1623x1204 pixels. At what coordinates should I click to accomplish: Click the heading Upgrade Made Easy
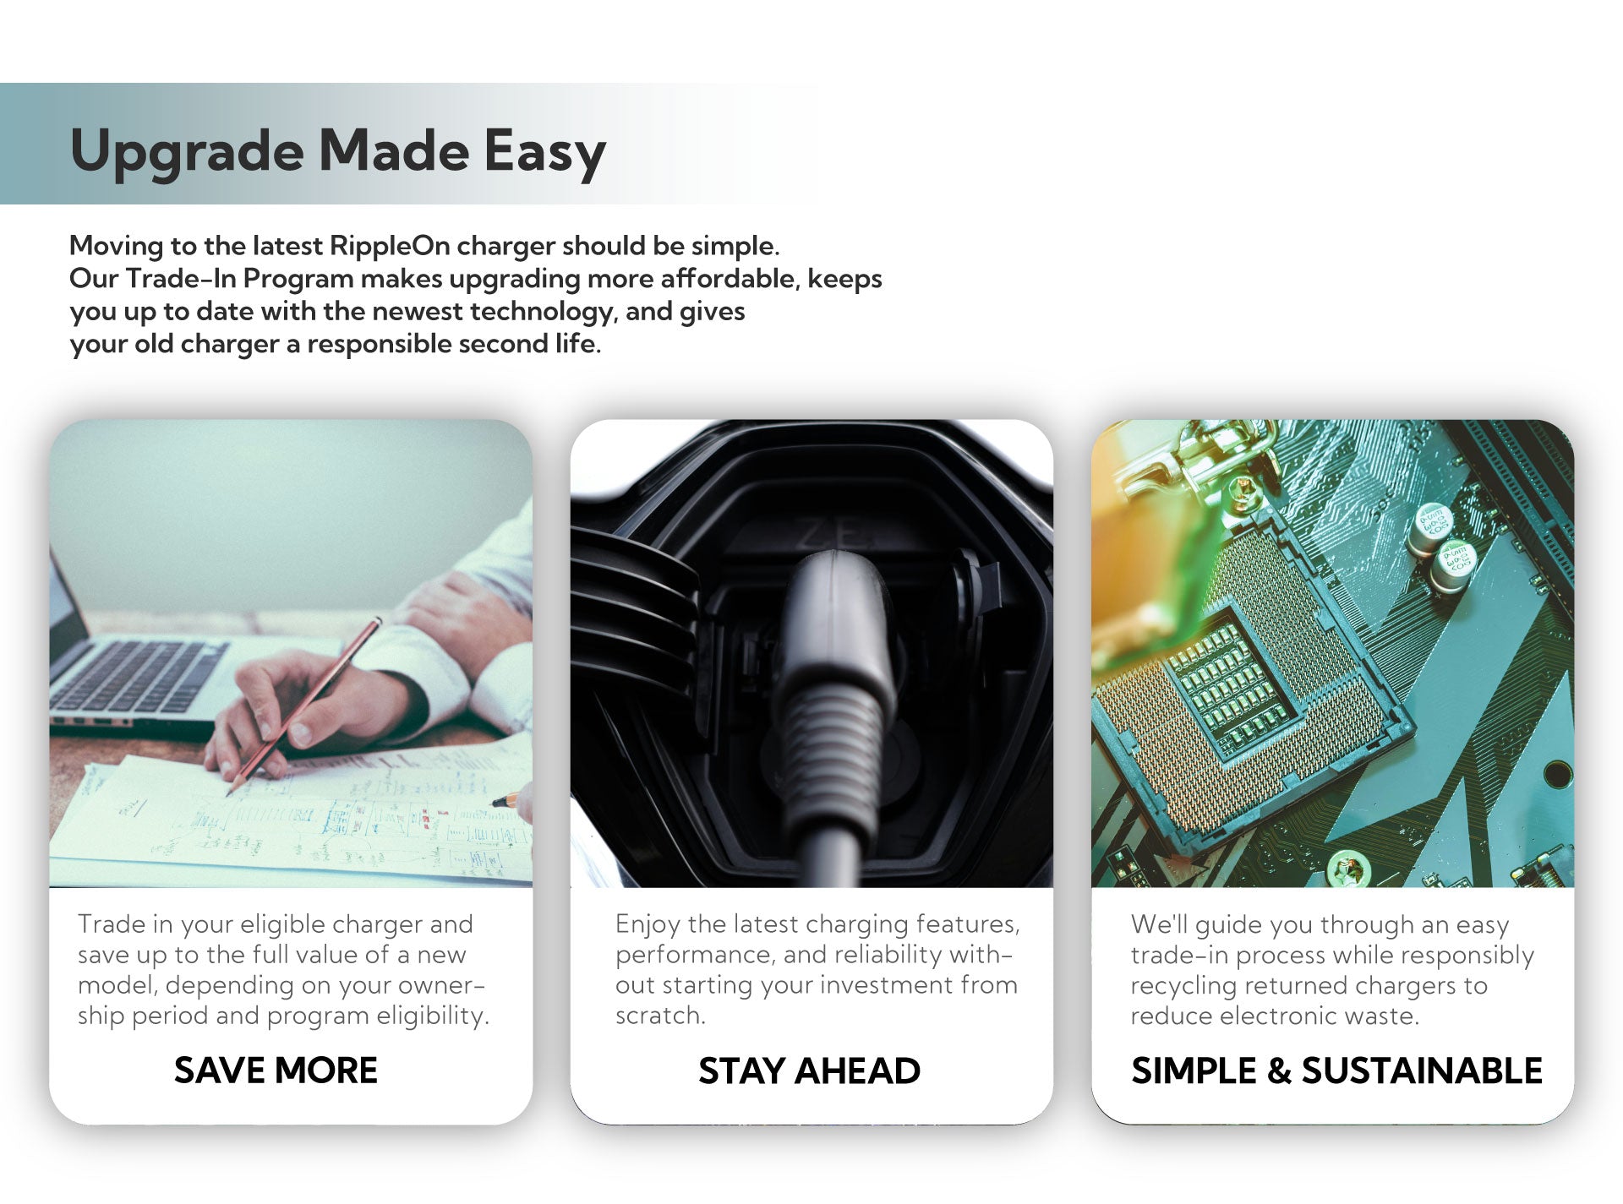click(338, 151)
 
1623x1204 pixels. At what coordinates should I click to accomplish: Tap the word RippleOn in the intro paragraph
click(390, 246)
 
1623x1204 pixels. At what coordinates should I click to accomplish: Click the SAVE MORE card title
click(276, 1071)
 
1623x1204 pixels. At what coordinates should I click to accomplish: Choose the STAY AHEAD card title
click(809, 1071)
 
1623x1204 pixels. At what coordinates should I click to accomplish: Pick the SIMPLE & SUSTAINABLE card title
click(1336, 1071)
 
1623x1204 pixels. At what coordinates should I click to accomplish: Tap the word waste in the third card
click(1380, 1016)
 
